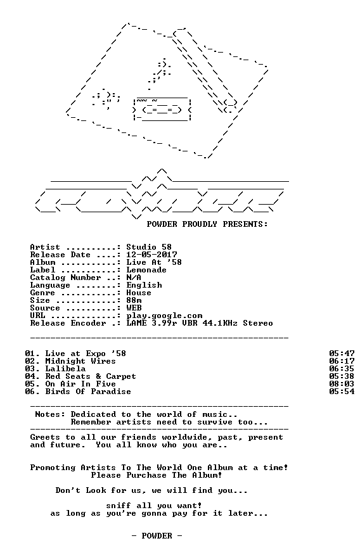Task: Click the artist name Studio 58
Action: click(149, 247)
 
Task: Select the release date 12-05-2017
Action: click(151, 255)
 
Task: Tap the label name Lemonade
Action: click(146, 270)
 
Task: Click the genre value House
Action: click(139, 293)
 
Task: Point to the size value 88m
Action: click(134, 300)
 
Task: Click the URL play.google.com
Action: click(164, 316)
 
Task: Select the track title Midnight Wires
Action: click(80, 361)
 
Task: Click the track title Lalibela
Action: click(65, 369)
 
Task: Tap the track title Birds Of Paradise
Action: click(88, 392)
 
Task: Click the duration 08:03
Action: click(342, 384)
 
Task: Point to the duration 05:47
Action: click(342, 354)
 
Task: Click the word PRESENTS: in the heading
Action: click(245, 224)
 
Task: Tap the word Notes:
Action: click(50, 414)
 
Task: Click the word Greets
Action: click(45, 438)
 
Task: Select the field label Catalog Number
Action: click(65, 277)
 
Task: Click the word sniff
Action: click(119, 506)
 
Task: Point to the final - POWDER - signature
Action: click(157, 536)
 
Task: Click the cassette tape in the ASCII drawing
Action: click(162, 110)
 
